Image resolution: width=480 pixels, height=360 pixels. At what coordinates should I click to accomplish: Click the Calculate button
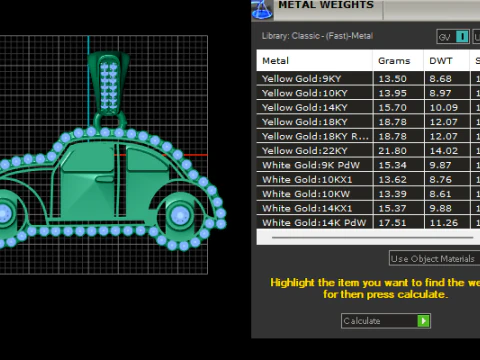pyautogui.click(x=385, y=321)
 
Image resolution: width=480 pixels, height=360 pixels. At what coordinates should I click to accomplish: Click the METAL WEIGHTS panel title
pyautogui.click(x=325, y=6)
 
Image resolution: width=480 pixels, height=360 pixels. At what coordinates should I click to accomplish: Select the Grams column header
pyautogui.click(x=394, y=61)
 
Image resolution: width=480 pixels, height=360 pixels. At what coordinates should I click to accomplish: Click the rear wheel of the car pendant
pyautogui.click(x=180, y=214)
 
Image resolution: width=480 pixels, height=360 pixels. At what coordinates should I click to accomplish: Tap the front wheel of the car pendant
pyautogui.click(x=3, y=214)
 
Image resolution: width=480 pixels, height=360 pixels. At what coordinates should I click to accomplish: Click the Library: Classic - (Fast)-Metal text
pyautogui.click(x=317, y=37)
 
